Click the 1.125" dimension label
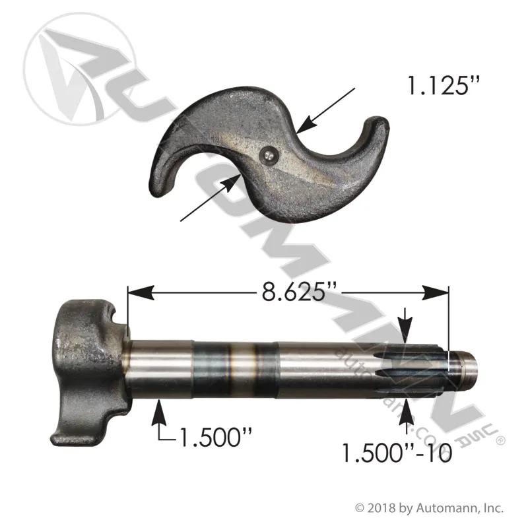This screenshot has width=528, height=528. (x=443, y=86)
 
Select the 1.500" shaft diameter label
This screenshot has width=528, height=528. (x=216, y=438)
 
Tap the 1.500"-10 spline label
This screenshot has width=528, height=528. (x=397, y=453)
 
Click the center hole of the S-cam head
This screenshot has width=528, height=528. (x=268, y=155)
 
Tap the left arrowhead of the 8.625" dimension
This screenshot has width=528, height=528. (x=141, y=292)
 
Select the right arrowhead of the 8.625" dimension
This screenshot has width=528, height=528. (x=436, y=292)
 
